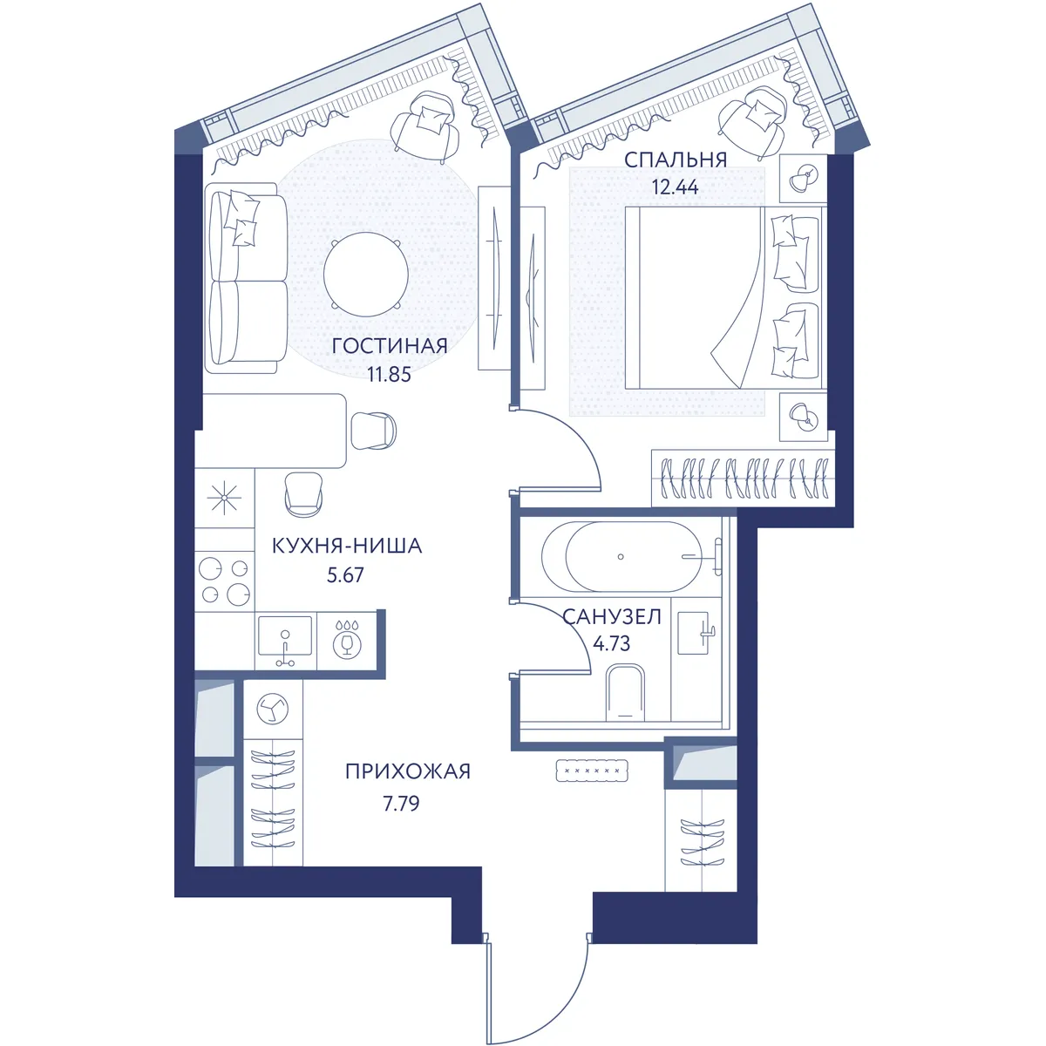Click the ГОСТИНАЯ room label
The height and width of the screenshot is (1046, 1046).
coord(389,346)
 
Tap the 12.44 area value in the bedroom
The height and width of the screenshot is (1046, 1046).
coord(675,187)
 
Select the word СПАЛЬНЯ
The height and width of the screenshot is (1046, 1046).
coord(676,160)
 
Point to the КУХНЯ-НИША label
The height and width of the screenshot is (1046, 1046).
coord(347,546)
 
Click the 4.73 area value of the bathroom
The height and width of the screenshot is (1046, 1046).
coord(611,643)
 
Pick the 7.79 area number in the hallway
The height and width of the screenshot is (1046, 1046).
coord(401,803)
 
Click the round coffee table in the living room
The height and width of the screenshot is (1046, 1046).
coord(366,274)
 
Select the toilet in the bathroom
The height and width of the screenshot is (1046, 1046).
coord(625,693)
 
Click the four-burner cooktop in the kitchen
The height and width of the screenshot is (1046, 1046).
coord(224,581)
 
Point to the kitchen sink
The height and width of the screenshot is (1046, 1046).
coord(285,641)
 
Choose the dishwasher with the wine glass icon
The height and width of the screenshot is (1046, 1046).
coord(346,641)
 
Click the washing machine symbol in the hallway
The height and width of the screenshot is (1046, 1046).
coord(273,709)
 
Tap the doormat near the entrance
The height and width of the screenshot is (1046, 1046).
coord(592,771)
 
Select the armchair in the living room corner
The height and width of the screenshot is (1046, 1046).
coord(425,127)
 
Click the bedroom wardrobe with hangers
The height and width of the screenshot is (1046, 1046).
coord(744,478)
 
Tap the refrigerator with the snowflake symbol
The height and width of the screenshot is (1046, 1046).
coord(224,499)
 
